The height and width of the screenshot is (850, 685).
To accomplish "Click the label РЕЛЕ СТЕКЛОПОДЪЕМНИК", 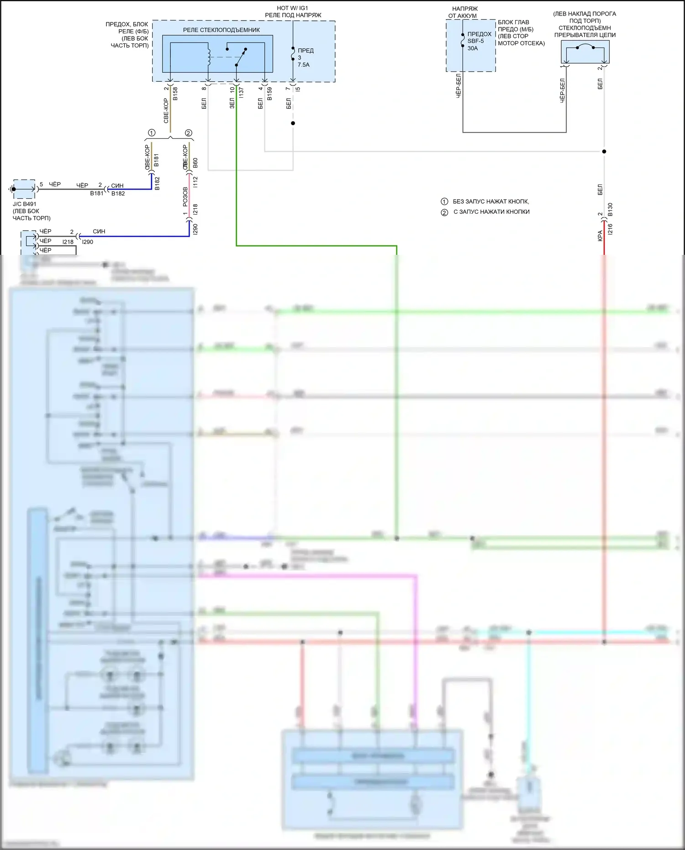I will click(221, 30).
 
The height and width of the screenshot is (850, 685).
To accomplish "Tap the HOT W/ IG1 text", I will click(292, 8).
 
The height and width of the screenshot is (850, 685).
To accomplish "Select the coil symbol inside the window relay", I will click(209, 54).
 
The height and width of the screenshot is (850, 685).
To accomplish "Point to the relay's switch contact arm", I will click(241, 57).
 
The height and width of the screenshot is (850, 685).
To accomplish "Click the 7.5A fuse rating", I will click(304, 65).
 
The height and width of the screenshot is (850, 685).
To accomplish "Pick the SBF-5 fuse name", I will click(475, 41).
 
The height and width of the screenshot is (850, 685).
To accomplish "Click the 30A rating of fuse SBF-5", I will click(473, 48).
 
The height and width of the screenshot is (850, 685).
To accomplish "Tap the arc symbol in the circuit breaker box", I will click(585, 46).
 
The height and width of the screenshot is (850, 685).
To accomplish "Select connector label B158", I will click(175, 94).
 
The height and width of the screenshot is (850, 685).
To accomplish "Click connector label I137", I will click(241, 93).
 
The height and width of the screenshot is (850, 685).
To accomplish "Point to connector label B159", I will click(269, 94).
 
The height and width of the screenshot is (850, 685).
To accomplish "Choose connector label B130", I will click(610, 210).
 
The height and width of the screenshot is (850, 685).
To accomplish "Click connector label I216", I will click(610, 229).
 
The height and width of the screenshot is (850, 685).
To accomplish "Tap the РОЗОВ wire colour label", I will click(185, 196).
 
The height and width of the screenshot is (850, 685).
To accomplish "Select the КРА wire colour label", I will click(600, 236).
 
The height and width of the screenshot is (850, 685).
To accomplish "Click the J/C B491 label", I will click(25, 204).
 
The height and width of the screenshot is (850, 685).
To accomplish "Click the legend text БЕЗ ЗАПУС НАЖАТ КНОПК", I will click(491, 201).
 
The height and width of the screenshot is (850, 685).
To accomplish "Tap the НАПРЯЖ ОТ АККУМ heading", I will click(464, 12).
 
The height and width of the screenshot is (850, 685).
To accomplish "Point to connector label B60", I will click(195, 163).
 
